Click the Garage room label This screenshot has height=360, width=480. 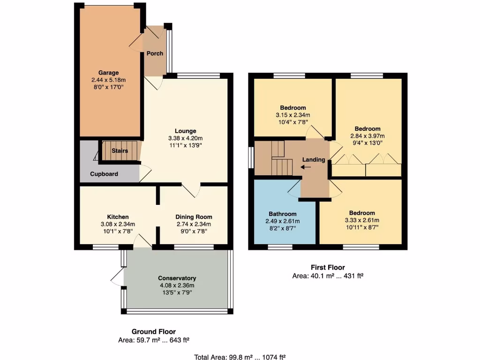click(x=108, y=73)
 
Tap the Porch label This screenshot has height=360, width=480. click(x=155, y=53)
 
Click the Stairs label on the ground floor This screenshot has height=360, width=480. click(x=120, y=151)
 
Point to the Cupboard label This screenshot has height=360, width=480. click(x=104, y=174)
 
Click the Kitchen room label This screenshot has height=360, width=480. click(x=118, y=217)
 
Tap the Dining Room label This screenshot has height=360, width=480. click(x=194, y=217)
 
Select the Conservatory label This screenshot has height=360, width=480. click(x=177, y=278)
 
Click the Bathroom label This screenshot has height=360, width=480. click(x=282, y=214)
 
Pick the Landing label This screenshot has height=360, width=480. click(x=314, y=160)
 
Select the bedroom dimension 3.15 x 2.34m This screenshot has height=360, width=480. click(x=293, y=115)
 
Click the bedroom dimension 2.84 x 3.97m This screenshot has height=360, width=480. click(x=367, y=136)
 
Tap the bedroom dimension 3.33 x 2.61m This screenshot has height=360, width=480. click(x=361, y=220)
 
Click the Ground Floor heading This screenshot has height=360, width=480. click(x=153, y=332)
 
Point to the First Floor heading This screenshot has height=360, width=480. click(x=328, y=268)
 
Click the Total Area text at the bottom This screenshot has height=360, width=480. click(x=240, y=357)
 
